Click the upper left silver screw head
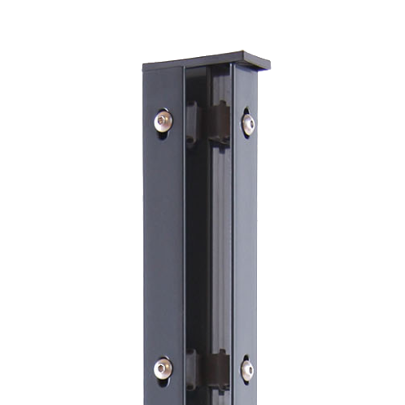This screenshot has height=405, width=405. pyautogui.click(x=163, y=121)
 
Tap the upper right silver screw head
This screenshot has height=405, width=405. pyautogui.click(x=247, y=124)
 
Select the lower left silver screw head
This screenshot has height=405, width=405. pyautogui.click(x=163, y=368)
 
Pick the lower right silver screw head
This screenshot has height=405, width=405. pyautogui.click(x=246, y=370)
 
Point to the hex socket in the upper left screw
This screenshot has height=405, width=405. pyautogui.click(x=164, y=121)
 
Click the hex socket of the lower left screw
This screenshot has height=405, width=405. pyautogui.click(x=164, y=368)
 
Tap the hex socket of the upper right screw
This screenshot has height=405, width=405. pyautogui.click(x=248, y=124)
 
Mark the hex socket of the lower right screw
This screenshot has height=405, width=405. pyautogui.click(x=247, y=370)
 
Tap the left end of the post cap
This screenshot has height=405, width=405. pyautogui.click(x=146, y=67)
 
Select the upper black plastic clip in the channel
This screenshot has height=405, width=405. pyautogui.click(x=217, y=123)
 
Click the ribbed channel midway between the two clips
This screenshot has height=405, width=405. pyautogui.click(x=217, y=244)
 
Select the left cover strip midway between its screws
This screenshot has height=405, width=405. pyautogui.click(x=163, y=244)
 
